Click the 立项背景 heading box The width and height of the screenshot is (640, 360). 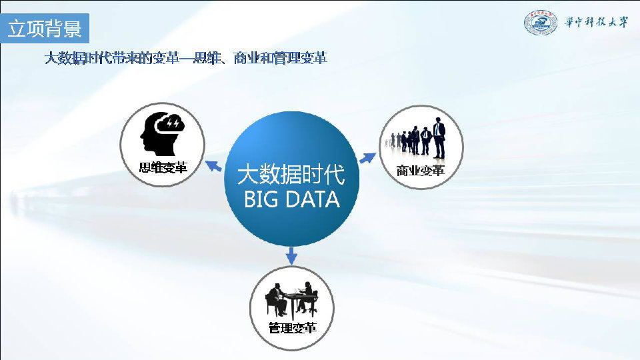(45, 28)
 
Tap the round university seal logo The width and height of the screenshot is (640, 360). (541, 23)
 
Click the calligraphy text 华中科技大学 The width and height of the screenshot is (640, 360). (596, 22)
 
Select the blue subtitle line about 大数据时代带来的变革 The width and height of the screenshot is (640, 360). (186, 58)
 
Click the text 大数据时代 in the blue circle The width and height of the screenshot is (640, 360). (291, 175)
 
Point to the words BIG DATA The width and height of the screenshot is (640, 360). (292, 199)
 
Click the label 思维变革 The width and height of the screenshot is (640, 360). (163, 167)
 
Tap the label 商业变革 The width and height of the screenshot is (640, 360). (421, 171)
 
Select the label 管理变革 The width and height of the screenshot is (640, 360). (292, 328)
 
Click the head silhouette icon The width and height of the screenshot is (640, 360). (157, 135)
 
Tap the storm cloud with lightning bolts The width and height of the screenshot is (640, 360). (171, 123)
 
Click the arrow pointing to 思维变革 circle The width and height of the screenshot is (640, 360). (213, 166)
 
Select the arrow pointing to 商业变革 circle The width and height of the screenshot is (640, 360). (368, 157)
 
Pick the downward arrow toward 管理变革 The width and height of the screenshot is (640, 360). (291, 256)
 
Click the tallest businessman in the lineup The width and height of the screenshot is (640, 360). (439, 138)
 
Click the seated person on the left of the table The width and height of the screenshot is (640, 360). (277, 299)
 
